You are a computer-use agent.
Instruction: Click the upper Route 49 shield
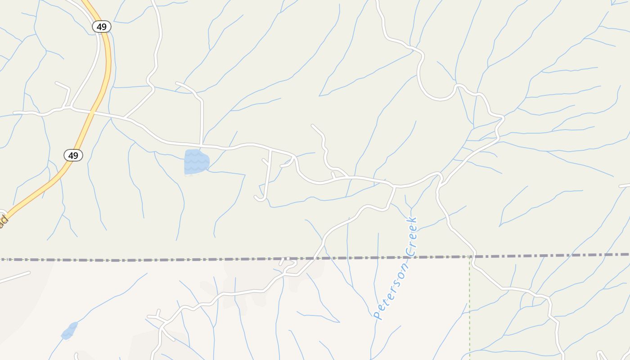click(x=102, y=27)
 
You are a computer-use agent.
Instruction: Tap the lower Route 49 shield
click(x=73, y=156)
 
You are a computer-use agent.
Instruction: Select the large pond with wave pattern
click(x=196, y=162)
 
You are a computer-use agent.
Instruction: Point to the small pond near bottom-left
click(x=69, y=331)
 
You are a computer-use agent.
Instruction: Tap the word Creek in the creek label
click(x=411, y=237)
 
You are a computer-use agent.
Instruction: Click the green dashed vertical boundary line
click(x=470, y=306)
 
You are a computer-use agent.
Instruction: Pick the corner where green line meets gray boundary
click(x=470, y=256)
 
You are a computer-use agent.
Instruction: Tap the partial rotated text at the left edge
click(x=4, y=221)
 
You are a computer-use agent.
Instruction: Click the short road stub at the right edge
click(x=625, y=185)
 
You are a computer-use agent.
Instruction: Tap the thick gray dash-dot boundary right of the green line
click(x=549, y=256)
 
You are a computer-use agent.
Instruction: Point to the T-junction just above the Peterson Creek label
click(x=394, y=186)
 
